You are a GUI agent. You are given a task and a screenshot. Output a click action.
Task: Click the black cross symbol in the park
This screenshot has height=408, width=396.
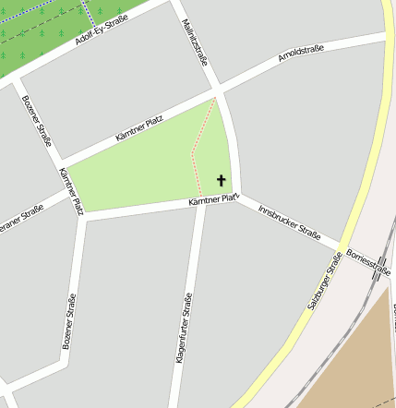(x=221, y=180)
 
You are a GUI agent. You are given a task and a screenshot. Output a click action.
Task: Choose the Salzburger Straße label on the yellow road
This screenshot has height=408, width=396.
(x=325, y=281)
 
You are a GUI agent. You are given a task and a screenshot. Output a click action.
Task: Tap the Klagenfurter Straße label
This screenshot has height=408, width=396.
(x=183, y=340)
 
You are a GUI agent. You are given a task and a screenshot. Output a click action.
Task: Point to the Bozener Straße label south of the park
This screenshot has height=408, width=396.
(x=69, y=320)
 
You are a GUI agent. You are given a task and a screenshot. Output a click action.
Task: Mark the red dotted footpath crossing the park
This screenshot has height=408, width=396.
(x=195, y=157)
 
